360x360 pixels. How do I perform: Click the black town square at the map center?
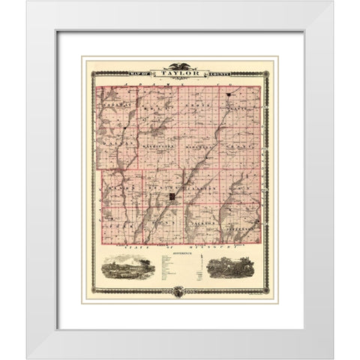coord(172,196)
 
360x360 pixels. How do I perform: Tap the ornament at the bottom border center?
coord(179,294)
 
